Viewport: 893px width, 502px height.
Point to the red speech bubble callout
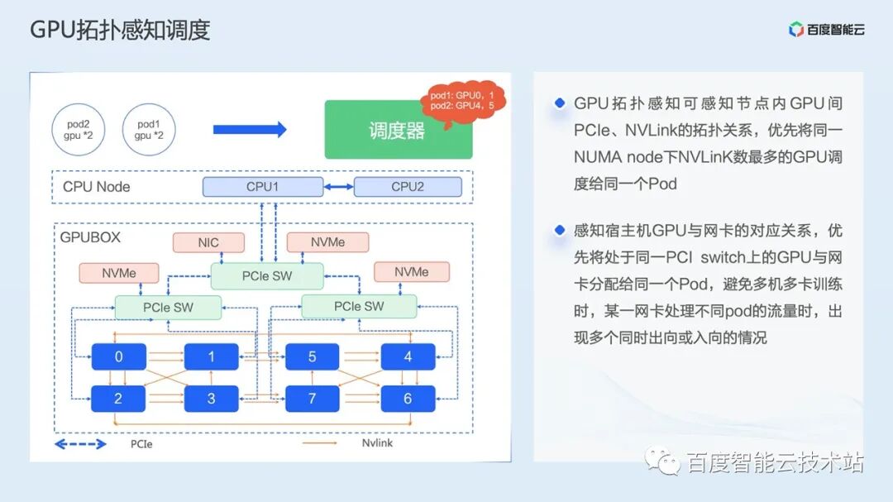(x=462, y=100)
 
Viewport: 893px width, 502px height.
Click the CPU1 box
(x=263, y=187)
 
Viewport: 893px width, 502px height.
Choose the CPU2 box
(x=408, y=187)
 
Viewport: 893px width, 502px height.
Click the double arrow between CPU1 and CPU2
(x=338, y=187)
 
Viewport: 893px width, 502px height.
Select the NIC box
(x=208, y=242)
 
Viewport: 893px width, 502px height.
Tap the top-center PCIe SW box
(x=267, y=276)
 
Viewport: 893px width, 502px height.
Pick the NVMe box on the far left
(x=119, y=274)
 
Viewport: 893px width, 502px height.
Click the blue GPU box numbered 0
(x=118, y=356)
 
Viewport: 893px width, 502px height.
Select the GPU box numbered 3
(x=212, y=399)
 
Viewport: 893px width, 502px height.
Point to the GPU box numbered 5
(x=312, y=356)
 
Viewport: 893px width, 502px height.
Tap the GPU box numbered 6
(x=408, y=399)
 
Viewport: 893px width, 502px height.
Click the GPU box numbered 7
(x=312, y=399)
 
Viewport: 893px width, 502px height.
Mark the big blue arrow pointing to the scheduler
(x=250, y=129)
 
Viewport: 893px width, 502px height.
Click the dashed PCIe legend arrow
(x=80, y=444)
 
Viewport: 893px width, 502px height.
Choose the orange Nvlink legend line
(x=319, y=442)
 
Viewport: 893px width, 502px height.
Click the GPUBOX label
(x=90, y=237)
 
